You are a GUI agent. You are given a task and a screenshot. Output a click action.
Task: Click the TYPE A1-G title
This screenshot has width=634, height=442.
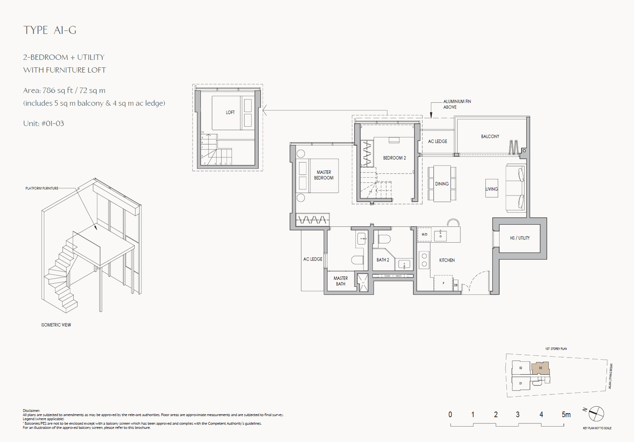[x=50, y=30]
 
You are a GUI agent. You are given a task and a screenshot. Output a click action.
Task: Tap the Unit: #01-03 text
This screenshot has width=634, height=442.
[x=44, y=123]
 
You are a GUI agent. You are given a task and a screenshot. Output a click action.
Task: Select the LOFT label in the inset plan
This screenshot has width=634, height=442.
[x=230, y=113]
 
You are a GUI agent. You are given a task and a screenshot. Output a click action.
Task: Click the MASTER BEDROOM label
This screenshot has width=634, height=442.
[x=324, y=175]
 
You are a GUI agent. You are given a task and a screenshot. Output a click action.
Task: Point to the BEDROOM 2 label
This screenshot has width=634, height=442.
[x=394, y=158]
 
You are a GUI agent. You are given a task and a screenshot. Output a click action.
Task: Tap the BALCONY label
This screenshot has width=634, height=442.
[x=490, y=136]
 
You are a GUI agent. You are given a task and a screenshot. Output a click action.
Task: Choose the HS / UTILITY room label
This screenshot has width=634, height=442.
[x=519, y=238]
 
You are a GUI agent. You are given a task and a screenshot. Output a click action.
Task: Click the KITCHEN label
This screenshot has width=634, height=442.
[x=447, y=260]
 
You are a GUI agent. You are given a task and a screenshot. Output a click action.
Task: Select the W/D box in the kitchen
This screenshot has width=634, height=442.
[x=424, y=235]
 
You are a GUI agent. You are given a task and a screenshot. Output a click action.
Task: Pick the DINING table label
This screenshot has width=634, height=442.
[x=442, y=184]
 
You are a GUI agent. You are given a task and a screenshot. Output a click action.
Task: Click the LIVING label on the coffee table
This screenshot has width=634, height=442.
[x=491, y=189]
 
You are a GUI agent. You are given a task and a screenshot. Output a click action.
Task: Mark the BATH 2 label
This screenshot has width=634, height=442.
[x=382, y=260]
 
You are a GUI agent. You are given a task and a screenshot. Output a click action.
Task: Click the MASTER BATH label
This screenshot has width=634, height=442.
[x=340, y=281]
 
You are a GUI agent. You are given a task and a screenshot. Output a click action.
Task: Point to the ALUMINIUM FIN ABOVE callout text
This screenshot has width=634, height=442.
[x=457, y=104]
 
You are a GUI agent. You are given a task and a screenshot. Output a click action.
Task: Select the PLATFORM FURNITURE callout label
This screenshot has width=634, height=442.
[x=42, y=188]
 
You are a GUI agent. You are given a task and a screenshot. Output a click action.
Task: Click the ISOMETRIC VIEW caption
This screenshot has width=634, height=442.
[x=56, y=325]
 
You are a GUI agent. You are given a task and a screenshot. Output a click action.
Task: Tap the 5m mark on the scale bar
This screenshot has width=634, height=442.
[x=566, y=415]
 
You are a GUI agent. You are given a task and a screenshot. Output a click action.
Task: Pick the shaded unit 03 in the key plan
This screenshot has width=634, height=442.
[x=540, y=368]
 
